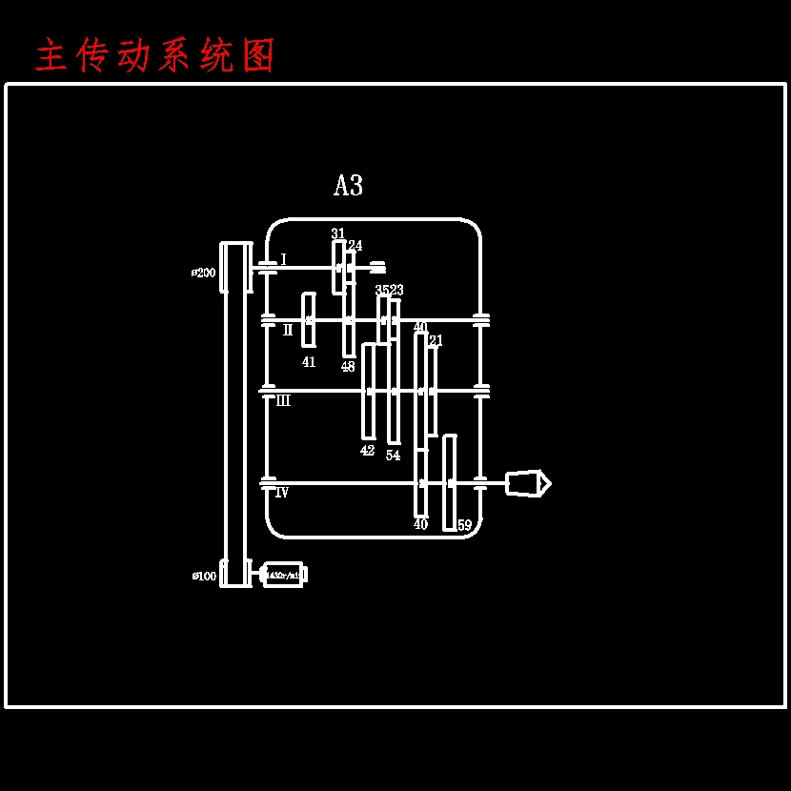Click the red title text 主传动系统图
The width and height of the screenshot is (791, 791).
pos(155,56)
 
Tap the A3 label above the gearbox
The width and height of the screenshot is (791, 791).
pos(348,186)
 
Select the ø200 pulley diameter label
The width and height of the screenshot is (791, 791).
pos(203,273)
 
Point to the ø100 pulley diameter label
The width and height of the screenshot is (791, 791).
pos(204,576)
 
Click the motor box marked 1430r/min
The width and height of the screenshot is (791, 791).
pos(283,575)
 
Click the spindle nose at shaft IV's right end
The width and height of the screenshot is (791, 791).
pos(527,483)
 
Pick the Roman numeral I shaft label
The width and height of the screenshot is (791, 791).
pos(283,259)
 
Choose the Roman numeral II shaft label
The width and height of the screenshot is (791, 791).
pos(288,331)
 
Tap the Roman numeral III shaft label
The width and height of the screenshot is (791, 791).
pos(283,401)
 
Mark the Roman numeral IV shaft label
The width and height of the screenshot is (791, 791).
pos(281,493)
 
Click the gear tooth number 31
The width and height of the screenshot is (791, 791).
pos(337,233)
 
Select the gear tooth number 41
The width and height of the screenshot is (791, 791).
pos(309,362)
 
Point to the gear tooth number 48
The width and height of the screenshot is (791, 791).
pos(348,367)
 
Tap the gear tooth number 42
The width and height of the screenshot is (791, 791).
pos(367,451)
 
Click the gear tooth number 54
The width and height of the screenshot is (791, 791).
pos(393,456)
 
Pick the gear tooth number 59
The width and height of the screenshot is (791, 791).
pos(464,525)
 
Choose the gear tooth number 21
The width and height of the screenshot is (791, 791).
pos(436,340)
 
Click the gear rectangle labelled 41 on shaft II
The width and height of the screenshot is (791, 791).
pos(309,320)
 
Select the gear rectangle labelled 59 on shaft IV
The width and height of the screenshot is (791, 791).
pos(450,482)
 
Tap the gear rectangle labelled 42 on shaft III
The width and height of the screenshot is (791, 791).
pos(368,391)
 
